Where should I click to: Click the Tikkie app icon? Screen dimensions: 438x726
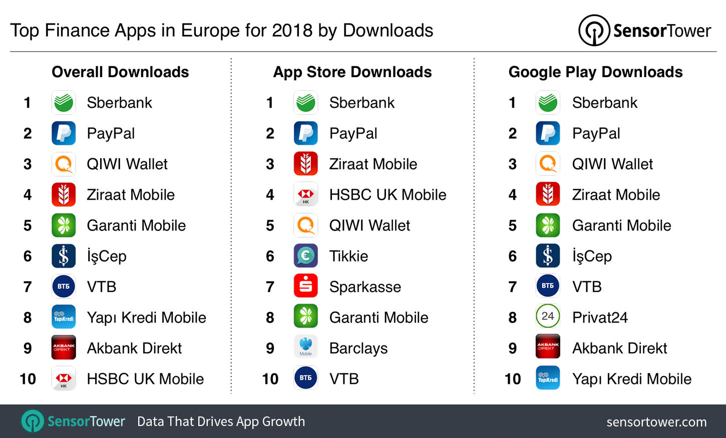pyautogui.click(x=305, y=256)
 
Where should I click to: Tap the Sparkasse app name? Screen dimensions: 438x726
pyautogui.click(x=365, y=287)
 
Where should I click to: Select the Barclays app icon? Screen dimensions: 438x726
pyautogui.click(x=305, y=348)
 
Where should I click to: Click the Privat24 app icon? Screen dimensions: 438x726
pyautogui.click(x=548, y=317)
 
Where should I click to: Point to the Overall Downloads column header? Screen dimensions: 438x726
pyautogui.click(x=120, y=72)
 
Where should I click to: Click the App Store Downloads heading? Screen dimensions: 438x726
pyautogui.click(x=352, y=72)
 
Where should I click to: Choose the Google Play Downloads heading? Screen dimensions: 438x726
pyautogui.click(x=595, y=72)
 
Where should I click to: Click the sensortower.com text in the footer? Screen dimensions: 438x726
pyautogui.click(x=656, y=422)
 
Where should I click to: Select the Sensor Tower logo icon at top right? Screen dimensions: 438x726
pyautogui.click(x=594, y=31)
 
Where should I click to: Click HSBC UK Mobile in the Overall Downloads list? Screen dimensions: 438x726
pyautogui.click(x=145, y=379)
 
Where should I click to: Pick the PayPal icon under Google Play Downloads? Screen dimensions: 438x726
pyautogui.click(x=548, y=134)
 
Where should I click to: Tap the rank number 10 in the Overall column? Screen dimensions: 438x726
pyautogui.click(x=28, y=379)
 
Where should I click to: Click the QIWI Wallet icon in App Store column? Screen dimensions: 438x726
pyautogui.click(x=305, y=225)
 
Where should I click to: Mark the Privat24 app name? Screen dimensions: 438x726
pyautogui.click(x=600, y=317)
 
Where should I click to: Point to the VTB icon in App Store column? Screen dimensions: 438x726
pyautogui.click(x=305, y=378)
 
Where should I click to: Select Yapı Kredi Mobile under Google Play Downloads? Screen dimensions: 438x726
pyautogui.click(x=631, y=379)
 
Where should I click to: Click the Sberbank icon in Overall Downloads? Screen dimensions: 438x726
pyautogui.click(x=64, y=103)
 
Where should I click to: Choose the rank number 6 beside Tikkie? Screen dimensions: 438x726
pyautogui.click(x=270, y=256)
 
